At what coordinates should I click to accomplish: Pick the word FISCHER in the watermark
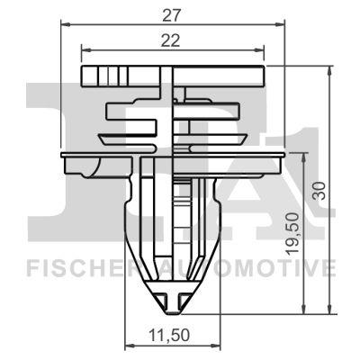[74, 267]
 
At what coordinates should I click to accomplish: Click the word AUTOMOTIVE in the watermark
[261, 267]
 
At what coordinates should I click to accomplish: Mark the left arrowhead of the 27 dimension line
[71, 24]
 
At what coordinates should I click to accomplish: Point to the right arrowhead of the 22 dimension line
[261, 50]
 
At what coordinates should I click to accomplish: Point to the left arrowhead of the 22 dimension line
[84, 50]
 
